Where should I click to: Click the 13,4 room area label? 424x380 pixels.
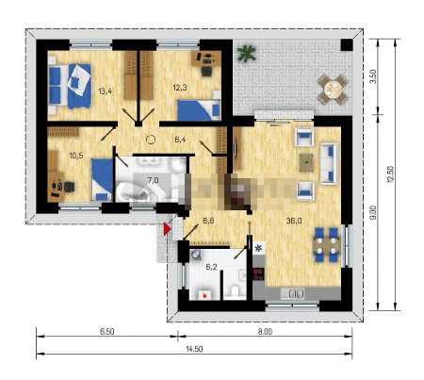pos(105,91)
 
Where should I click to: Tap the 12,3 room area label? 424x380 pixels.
pos(180,88)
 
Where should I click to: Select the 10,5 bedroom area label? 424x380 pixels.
pos(76,155)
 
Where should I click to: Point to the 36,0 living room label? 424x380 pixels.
pos(294,221)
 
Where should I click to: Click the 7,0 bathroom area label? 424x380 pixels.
pos(153,180)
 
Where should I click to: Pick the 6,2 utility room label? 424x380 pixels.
pos(211,267)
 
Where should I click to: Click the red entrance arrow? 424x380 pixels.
pos(167,229)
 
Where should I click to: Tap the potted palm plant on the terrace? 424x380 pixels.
pos(247,53)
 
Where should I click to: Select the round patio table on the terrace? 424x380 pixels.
pos(333,90)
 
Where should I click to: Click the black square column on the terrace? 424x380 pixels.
pos(347,45)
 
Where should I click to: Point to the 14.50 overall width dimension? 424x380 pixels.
pos(194,349)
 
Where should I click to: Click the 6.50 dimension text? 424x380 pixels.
pos(107,332)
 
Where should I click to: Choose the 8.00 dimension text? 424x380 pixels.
pos(265,332)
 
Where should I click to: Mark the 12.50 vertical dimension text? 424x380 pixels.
pos(390,174)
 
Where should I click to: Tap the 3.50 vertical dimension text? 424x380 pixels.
pos(373,76)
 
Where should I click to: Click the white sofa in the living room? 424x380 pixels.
pos(329,163)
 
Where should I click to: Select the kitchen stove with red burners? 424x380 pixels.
pos(258,274)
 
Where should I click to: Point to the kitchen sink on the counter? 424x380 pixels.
pos(293,294)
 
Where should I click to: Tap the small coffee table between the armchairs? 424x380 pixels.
pos(306,162)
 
